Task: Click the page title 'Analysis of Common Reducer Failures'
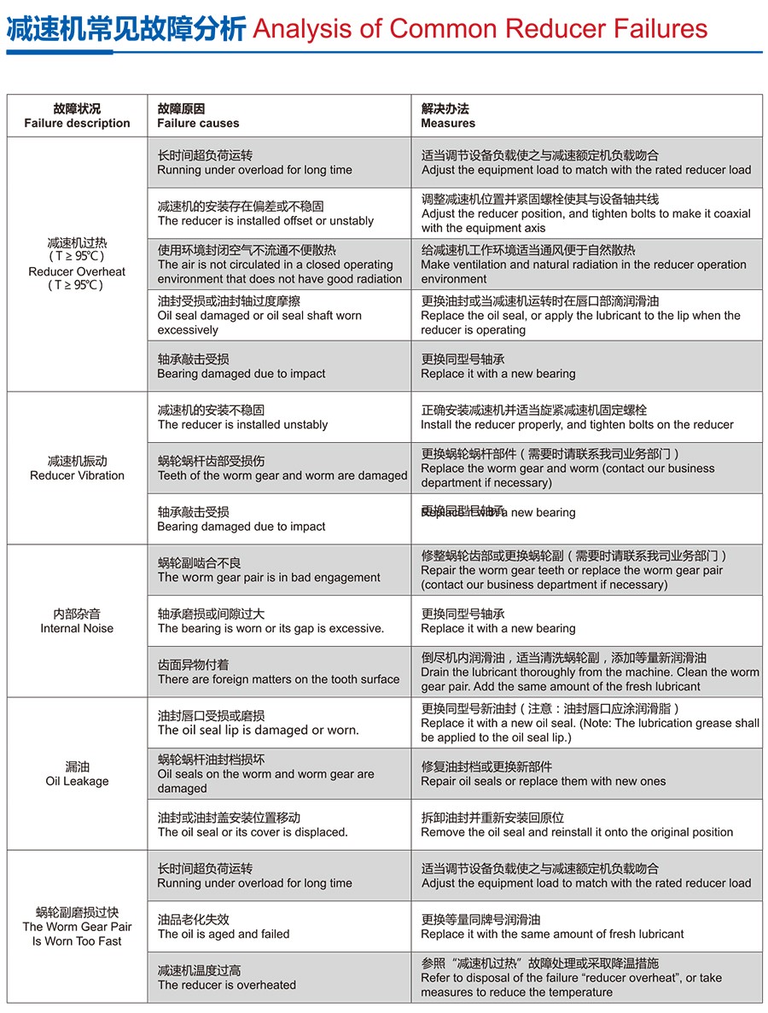(x=480, y=29)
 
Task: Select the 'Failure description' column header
(x=77, y=123)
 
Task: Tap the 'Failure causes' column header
(x=198, y=123)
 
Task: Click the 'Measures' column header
(x=448, y=123)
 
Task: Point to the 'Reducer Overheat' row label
(x=77, y=271)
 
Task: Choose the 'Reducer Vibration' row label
(x=77, y=475)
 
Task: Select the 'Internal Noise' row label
(x=77, y=628)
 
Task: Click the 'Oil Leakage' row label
(x=77, y=781)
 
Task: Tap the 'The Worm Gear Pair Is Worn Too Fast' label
(x=77, y=934)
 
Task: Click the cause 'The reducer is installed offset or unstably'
(x=265, y=220)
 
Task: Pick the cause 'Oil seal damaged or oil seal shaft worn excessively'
(x=259, y=323)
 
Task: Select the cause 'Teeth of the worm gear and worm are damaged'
(x=282, y=475)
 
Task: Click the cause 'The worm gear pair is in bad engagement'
(x=269, y=577)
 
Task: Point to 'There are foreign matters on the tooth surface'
(x=278, y=679)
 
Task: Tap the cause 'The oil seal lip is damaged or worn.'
(x=259, y=730)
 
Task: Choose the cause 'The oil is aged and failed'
(x=224, y=934)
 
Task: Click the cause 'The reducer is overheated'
(x=227, y=985)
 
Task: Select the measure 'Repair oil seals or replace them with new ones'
(x=544, y=781)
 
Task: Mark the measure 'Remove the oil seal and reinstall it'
(x=577, y=832)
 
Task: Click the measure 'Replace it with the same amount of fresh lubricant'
(x=552, y=934)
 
